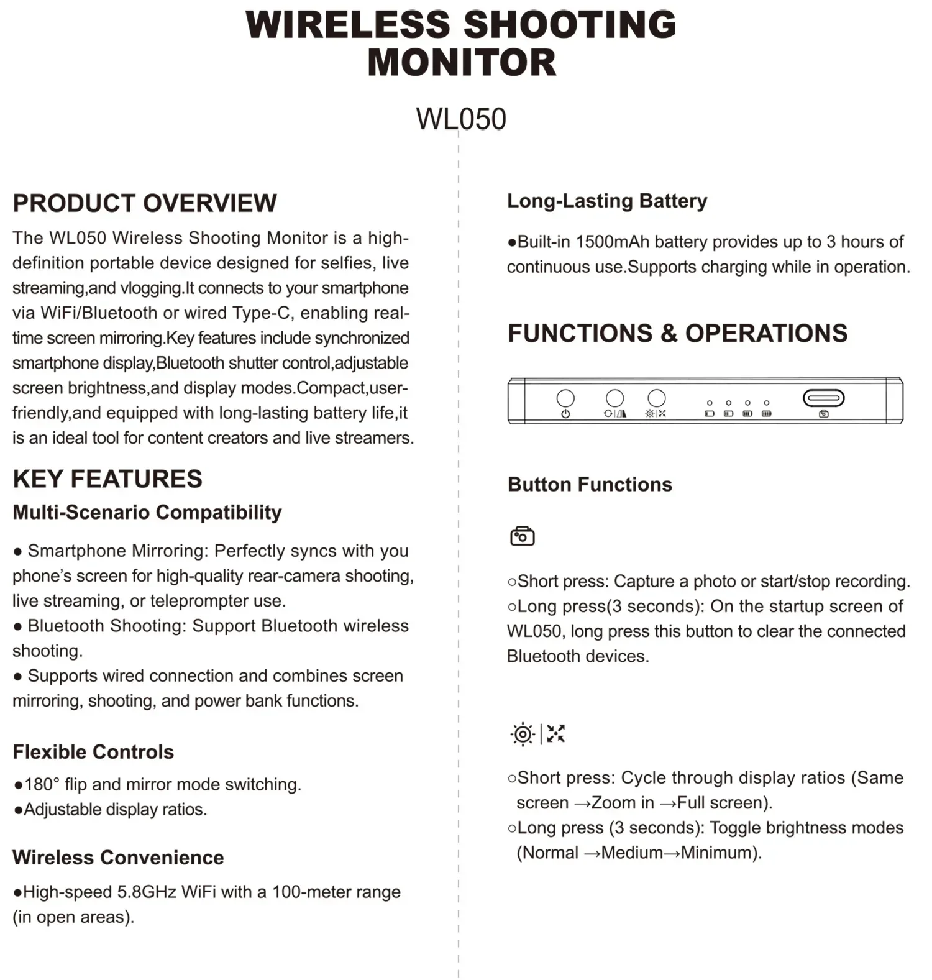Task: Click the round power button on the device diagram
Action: point(565,398)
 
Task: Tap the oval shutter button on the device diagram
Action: point(823,398)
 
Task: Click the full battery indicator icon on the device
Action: point(767,413)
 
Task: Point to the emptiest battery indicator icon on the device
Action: point(710,413)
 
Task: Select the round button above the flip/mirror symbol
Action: point(614,398)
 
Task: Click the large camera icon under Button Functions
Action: point(522,536)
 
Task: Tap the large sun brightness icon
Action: point(523,735)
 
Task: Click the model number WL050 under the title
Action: point(461,119)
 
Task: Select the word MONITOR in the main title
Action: point(462,63)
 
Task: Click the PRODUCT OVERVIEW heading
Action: point(145,203)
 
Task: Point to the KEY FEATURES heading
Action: point(107,479)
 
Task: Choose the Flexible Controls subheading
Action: point(93,752)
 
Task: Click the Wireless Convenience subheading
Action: point(118,858)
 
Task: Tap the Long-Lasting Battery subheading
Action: point(607,201)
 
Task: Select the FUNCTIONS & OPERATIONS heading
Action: point(677,333)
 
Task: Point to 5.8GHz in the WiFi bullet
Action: point(147,892)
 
